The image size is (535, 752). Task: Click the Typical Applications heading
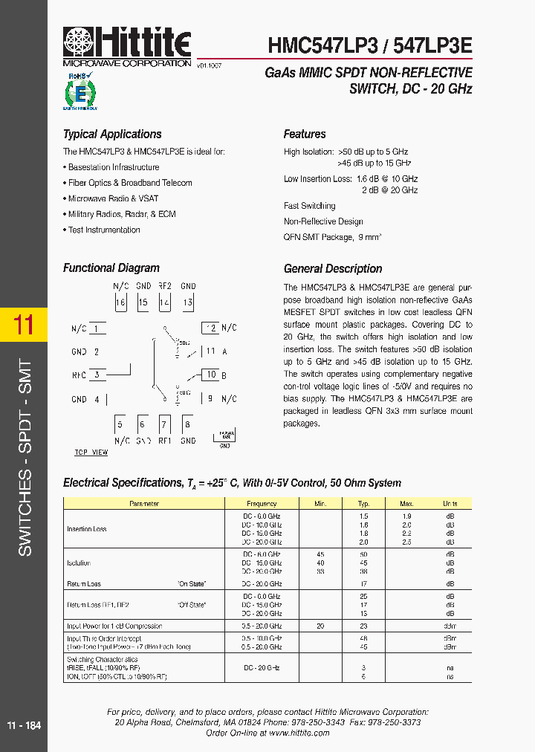(x=112, y=134)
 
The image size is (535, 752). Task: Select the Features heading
(x=305, y=134)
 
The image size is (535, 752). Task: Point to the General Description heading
(x=333, y=269)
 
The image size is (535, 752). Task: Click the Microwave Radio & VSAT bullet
(x=113, y=198)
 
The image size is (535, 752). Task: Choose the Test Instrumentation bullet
(x=104, y=230)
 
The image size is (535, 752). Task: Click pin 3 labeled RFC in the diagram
(x=97, y=375)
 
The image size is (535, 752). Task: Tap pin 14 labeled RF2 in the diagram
(x=165, y=302)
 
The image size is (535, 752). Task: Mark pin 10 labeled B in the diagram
(x=211, y=375)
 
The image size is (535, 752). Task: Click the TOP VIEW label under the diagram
(x=91, y=453)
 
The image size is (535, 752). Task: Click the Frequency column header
(x=262, y=504)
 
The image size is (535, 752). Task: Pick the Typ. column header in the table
(x=363, y=504)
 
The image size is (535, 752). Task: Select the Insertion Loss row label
(x=87, y=529)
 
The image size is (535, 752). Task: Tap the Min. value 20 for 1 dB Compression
(x=320, y=626)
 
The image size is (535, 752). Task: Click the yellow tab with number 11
(x=24, y=325)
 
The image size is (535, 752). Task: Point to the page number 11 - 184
(x=24, y=725)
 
